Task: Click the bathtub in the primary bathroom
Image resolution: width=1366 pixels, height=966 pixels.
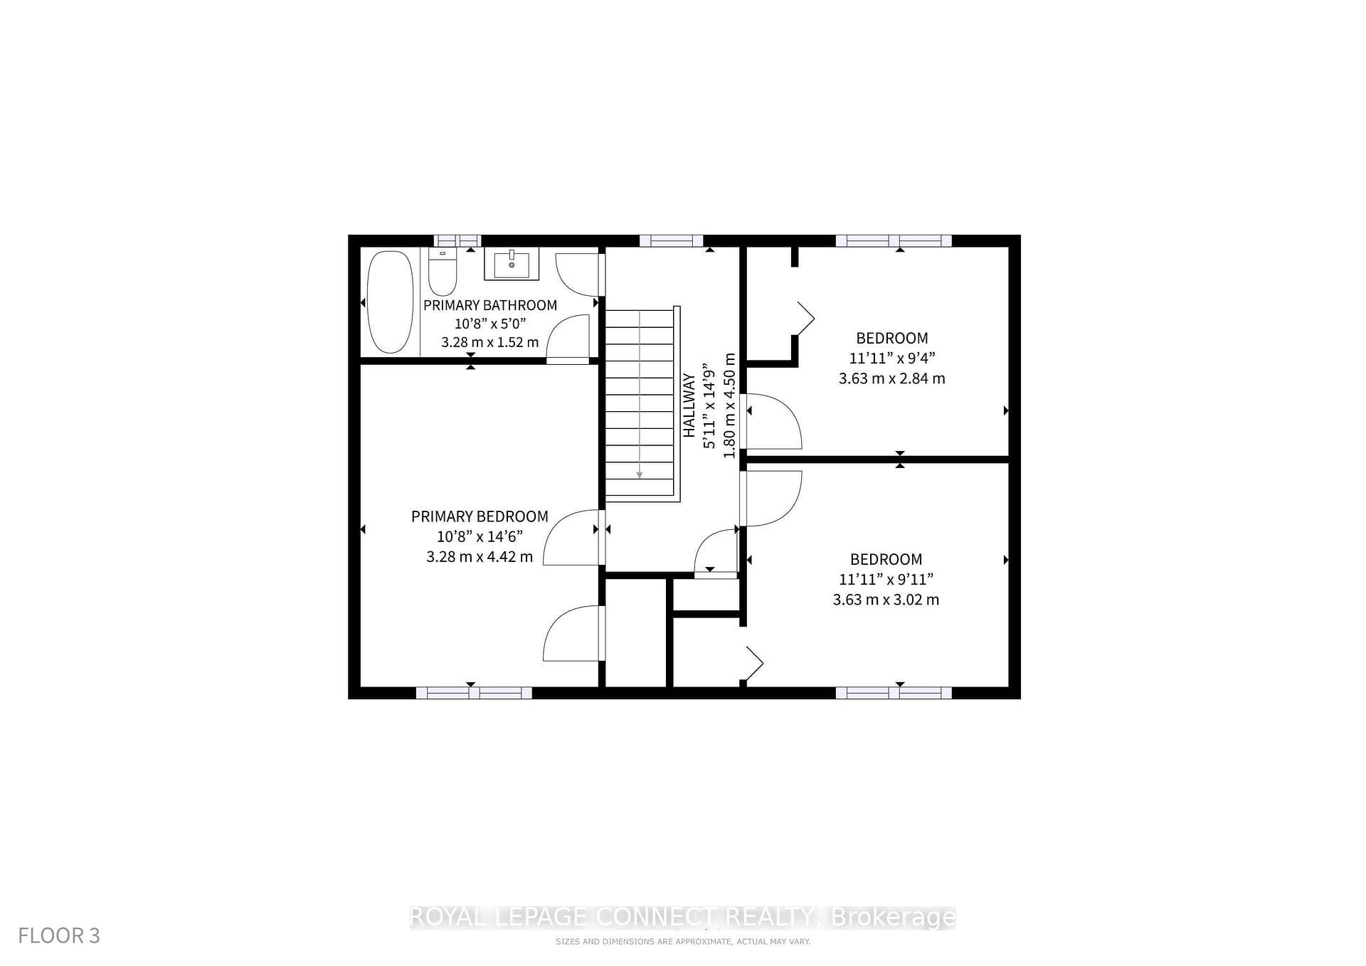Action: [x=390, y=302]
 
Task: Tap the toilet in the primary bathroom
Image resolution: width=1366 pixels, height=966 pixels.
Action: [x=443, y=272]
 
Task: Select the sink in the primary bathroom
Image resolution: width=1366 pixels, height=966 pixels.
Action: [x=512, y=264]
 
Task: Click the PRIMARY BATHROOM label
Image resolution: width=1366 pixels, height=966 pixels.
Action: [x=490, y=305]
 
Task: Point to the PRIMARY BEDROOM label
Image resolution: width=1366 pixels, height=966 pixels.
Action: [x=480, y=516]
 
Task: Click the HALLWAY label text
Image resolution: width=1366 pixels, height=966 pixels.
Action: [x=689, y=405]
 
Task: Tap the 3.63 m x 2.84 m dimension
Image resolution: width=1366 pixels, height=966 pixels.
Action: [x=891, y=378]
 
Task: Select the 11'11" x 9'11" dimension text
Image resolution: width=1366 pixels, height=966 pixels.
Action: [x=886, y=579]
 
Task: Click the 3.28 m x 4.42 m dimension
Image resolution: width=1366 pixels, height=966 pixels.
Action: [x=480, y=556]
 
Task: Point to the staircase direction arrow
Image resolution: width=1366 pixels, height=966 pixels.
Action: [x=640, y=394]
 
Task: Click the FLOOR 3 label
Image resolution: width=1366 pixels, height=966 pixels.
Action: [x=59, y=935]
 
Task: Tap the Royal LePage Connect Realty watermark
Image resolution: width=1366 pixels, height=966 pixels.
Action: [x=683, y=918]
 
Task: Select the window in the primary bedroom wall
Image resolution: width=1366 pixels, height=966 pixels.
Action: [x=474, y=693]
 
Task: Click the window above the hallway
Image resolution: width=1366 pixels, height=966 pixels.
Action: [x=671, y=241]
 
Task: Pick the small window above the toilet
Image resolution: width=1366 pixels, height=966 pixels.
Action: [x=457, y=241]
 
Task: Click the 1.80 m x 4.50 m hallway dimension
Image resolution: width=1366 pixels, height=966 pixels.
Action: [x=729, y=405]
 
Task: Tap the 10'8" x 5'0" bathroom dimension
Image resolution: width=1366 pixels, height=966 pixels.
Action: [x=490, y=324]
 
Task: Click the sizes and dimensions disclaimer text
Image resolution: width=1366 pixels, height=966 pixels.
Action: [x=683, y=942]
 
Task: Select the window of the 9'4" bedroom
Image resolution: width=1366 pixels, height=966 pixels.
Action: [x=894, y=241]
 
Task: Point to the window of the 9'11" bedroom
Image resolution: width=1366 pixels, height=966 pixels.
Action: [x=894, y=693]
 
